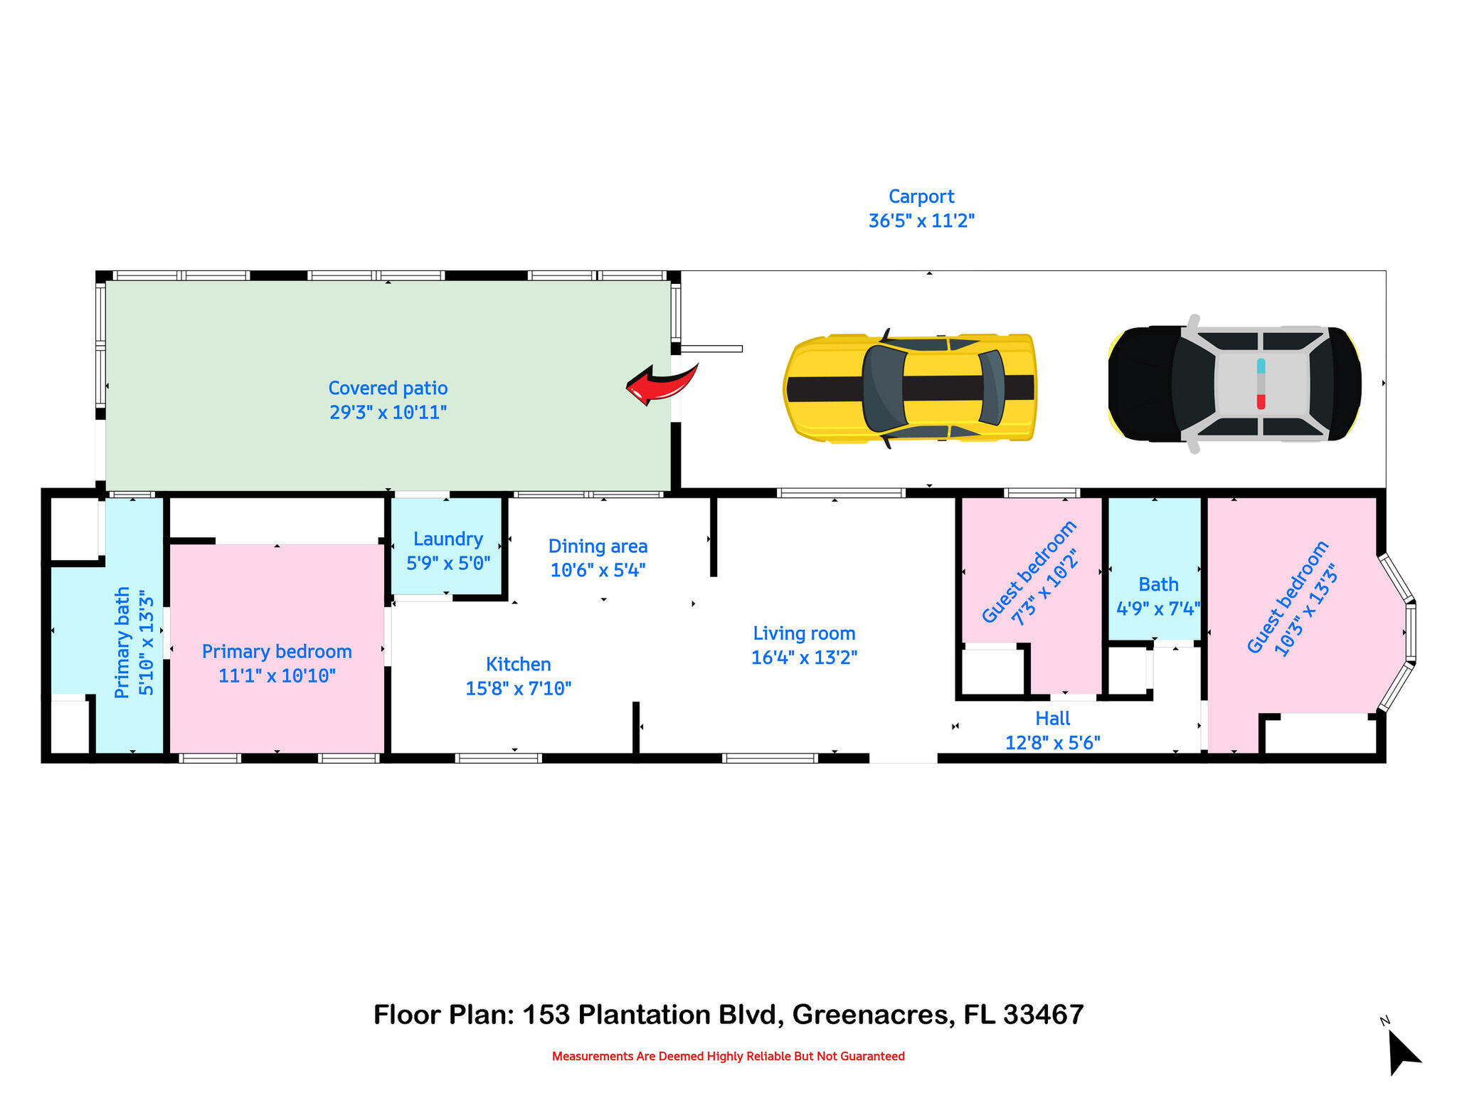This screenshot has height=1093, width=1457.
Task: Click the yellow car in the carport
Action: tap(910, 388)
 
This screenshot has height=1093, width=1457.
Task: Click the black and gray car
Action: tap(1235, 384)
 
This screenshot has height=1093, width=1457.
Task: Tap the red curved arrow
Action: tap(661, 384)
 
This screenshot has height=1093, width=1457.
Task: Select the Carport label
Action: tap(921, 208)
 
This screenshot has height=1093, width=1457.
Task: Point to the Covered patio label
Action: tap(388, 400)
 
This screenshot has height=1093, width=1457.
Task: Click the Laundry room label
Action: tap(448, 551)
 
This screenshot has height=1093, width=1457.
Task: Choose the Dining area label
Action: tap(598, 558)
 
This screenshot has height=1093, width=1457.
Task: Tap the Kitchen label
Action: tap(518, 676)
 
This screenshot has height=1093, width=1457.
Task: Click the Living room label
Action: tap(804, 645)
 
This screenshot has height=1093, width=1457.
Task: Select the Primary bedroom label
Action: tap(277, 663)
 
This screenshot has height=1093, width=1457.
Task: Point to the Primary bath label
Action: tap(134, 643)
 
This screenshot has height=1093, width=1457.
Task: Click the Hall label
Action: tap(1053, 730)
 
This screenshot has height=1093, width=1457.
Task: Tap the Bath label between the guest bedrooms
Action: tap(1158, 596)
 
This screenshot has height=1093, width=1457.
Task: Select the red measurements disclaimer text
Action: tap(728, 1056)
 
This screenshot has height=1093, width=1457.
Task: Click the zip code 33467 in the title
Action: tap(1044, 1014)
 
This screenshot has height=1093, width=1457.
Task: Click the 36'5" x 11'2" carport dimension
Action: tap(921, 221)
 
